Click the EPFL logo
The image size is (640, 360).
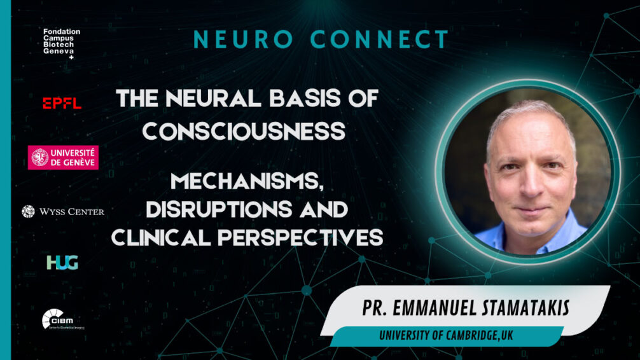tap(62, 103)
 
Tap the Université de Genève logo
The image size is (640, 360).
tap(63, 157)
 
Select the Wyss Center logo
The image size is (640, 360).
tap(63, 211)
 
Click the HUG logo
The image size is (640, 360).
tap(62, 262)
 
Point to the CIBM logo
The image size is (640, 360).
tap(63, 318)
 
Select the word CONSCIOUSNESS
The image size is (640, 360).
tap(244, 130)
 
